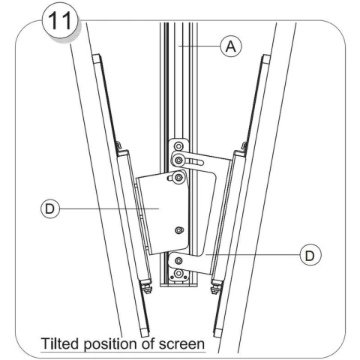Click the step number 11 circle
60,21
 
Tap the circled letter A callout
231,46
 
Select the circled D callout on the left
50,208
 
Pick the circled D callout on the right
310,255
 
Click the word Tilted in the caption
59,343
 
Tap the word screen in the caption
182,344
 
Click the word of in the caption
148,343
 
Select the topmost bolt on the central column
178,146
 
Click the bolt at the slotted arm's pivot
178,160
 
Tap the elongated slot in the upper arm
194,163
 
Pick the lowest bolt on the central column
178,273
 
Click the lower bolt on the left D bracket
178,230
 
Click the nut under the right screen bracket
215,289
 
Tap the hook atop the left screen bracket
118,145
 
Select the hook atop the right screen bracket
244,145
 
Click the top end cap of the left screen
97,58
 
